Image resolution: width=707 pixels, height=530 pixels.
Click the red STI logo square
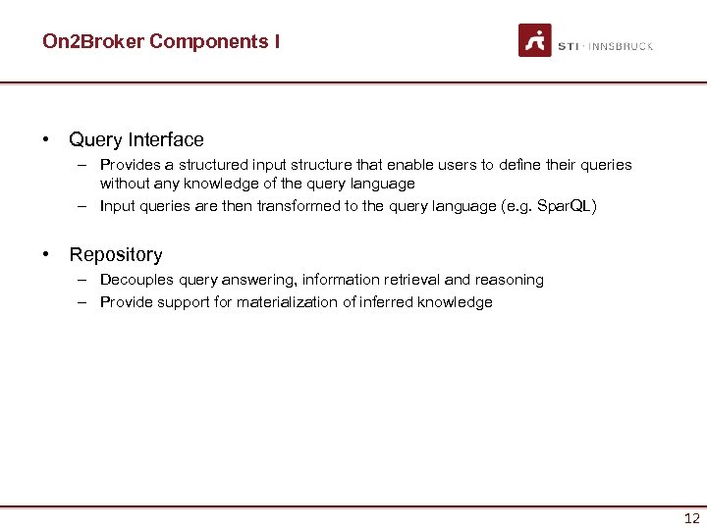click(x=535, y=40)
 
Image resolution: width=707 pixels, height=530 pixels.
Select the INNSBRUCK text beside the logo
click(x=621, y=46)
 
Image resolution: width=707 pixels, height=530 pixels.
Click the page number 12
click(x=691, y=519)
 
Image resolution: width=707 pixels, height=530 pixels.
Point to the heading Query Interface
click(x=136, y=140)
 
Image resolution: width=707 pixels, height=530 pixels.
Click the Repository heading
click(x=116, y=255)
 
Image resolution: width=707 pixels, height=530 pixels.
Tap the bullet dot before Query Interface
click(x=46, y=139)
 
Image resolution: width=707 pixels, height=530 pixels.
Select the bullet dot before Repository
click(x=46, y=254)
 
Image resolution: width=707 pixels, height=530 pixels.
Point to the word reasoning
click(x=510, y=280)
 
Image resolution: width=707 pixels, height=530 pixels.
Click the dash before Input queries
click(x=84, y=206)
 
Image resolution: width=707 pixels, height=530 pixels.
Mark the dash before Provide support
click(x=84, y=302)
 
